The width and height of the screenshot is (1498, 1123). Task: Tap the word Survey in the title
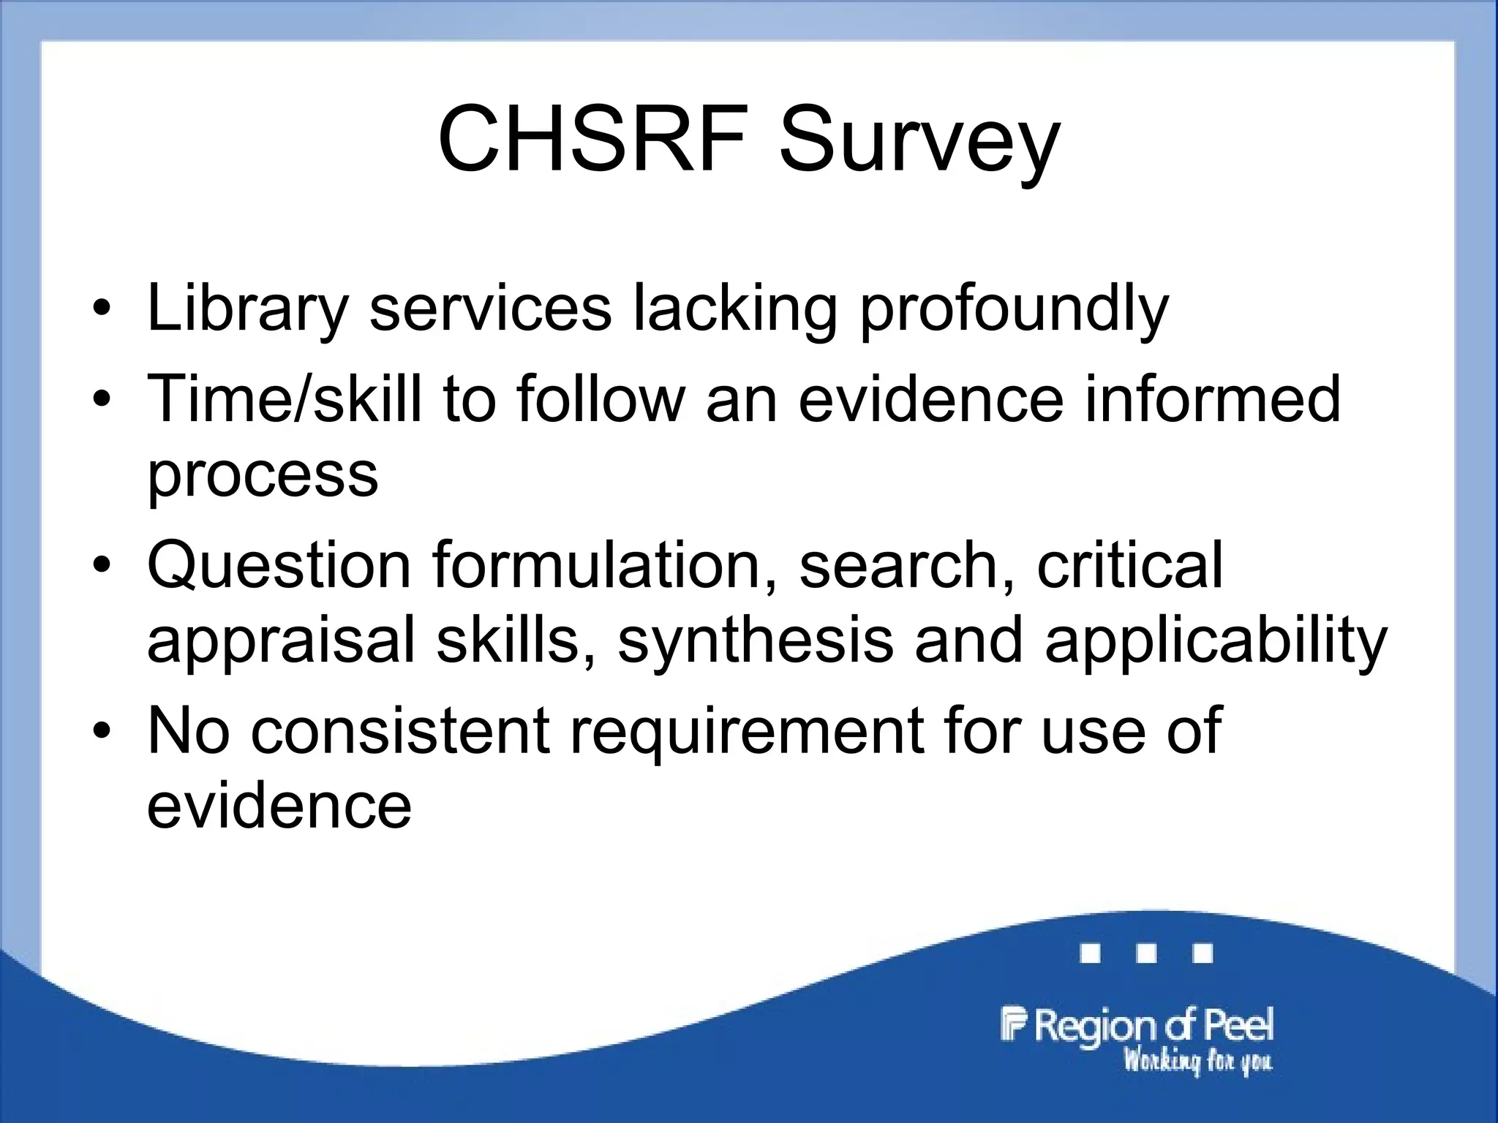pos(919,143)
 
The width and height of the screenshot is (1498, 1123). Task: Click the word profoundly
pos(1014,310)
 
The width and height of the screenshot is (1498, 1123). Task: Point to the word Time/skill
pos(285,398)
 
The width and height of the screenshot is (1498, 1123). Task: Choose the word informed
pos(1212,398)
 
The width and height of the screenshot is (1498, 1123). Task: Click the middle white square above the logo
pos(1147,953)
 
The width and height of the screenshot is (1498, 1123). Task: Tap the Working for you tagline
pos(1198,1061)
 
